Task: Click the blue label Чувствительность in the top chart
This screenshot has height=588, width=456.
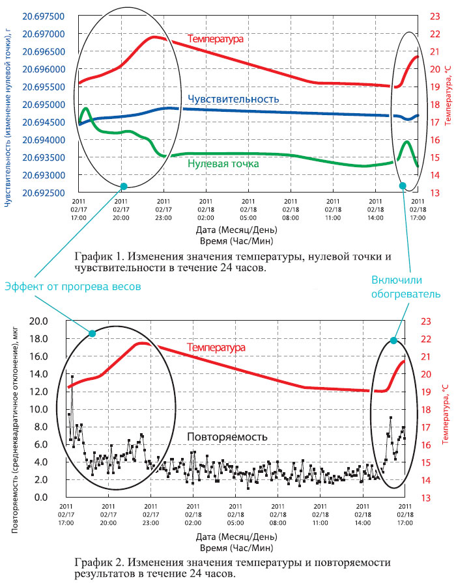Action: click(233, 99)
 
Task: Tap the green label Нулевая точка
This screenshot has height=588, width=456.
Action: click(223, 163)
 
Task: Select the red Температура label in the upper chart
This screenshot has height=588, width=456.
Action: click(215, 38)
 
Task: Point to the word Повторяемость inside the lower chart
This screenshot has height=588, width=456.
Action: click(227, 437)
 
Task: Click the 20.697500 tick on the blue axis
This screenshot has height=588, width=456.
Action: click(43, 16)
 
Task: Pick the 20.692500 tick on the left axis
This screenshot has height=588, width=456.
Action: click(43, 193)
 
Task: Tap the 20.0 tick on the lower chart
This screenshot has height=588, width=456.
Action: click(38, 321)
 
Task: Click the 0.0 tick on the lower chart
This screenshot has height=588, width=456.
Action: click(41, 498)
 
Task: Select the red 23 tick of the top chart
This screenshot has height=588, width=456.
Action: click(435, 16)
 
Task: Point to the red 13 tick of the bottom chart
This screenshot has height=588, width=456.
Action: click(426, 498)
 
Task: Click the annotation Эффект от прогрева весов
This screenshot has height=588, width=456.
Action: click(73, 287)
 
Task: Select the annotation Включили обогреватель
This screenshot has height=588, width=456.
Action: click(406, 287)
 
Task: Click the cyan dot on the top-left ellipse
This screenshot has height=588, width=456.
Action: click(123, 187)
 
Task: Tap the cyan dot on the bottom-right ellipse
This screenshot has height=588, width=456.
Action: click(393, 340)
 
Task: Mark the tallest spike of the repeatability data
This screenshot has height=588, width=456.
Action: click(72, 376)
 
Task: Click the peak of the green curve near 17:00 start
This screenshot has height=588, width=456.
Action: click(86, 109)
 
